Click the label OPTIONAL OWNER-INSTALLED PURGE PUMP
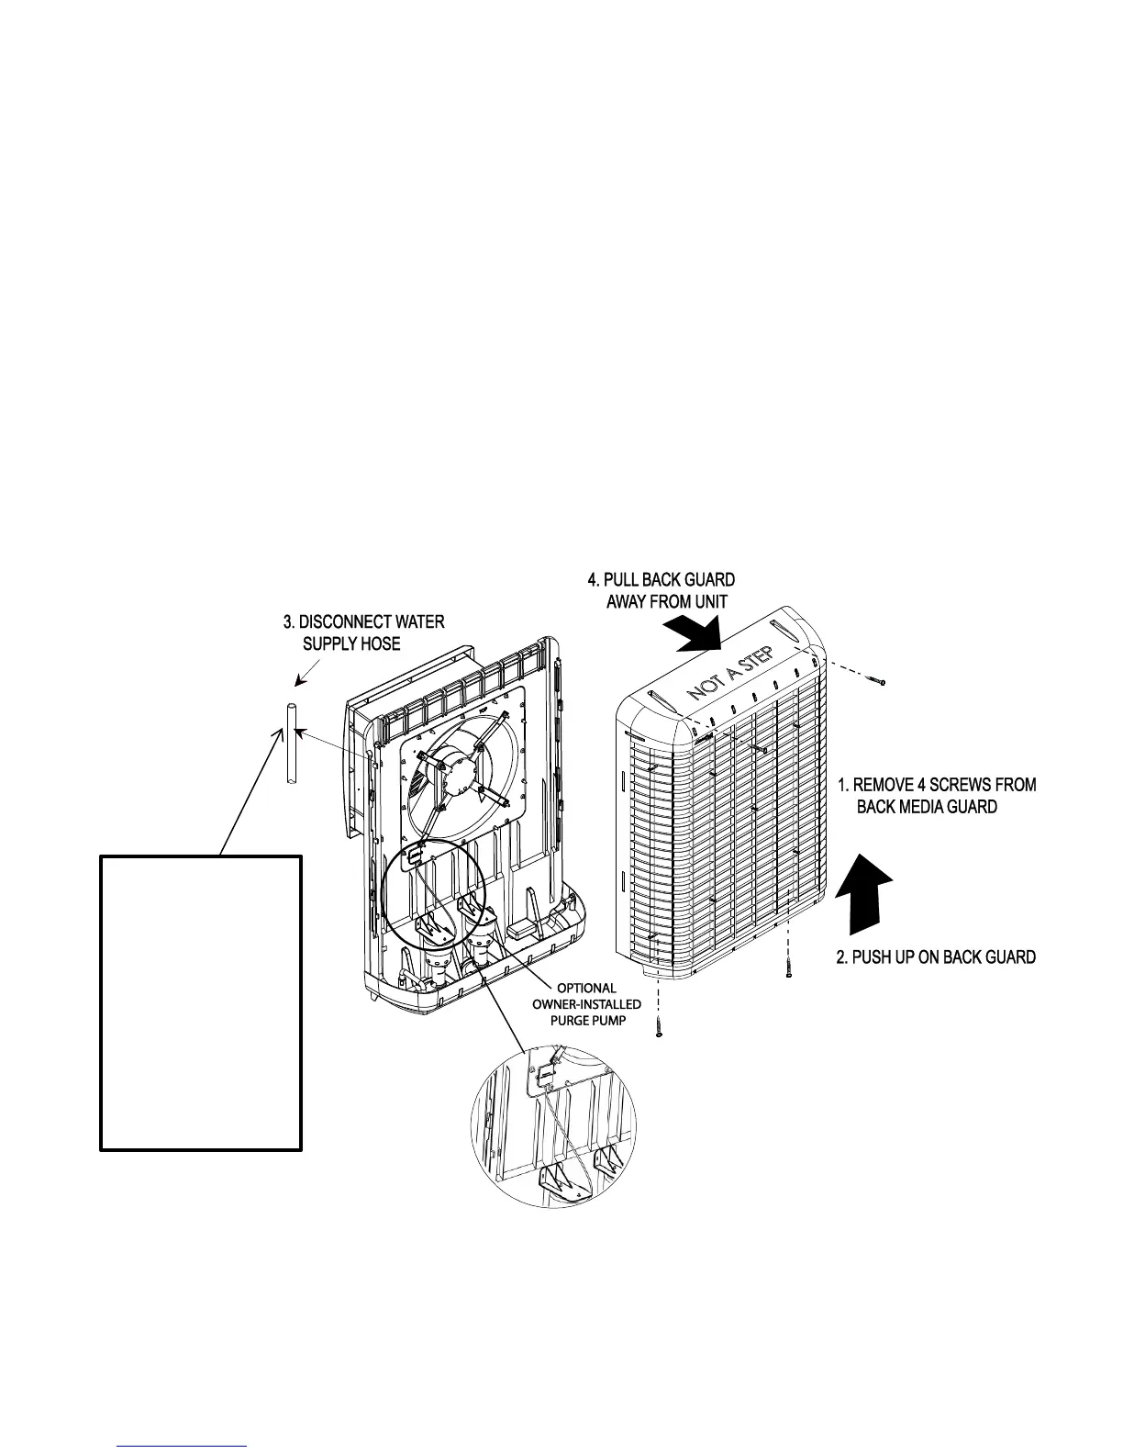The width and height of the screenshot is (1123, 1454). point(587,1004)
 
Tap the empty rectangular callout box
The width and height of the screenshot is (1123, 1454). point(201,1002)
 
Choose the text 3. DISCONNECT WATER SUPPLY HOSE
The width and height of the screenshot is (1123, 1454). point(363,632)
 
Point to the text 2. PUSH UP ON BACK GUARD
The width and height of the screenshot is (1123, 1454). point(936,957)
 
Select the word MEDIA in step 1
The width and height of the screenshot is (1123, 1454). point(920,807)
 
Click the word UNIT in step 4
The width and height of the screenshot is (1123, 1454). point(707,602)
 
